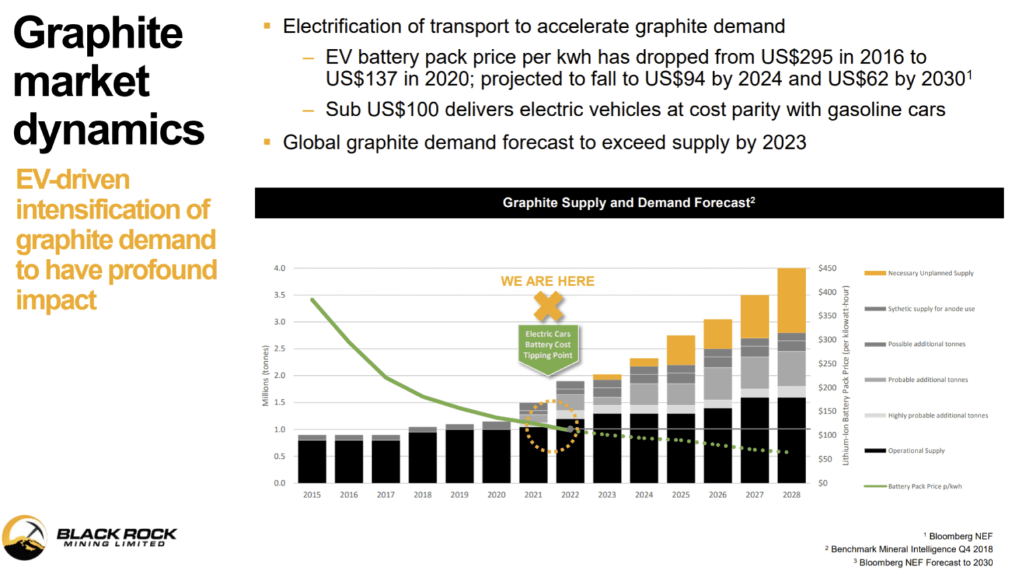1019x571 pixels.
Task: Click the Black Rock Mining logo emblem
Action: pos(25,537)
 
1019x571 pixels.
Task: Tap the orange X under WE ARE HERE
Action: pos(548,307)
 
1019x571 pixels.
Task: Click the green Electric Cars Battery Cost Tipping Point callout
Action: pos(548,346)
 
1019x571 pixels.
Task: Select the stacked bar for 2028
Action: pos(791,376)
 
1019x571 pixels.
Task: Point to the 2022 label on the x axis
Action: pos(570,495)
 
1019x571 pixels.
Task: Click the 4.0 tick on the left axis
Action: pos(279,268)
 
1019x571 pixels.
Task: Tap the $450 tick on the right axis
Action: pos(827,268)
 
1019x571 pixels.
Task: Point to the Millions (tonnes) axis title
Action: pos(265,376)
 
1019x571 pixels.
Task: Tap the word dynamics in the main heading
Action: pos(108,129)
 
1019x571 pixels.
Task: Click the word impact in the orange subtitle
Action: pos(56,300)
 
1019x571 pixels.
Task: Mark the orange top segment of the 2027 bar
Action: pos(754,317)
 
